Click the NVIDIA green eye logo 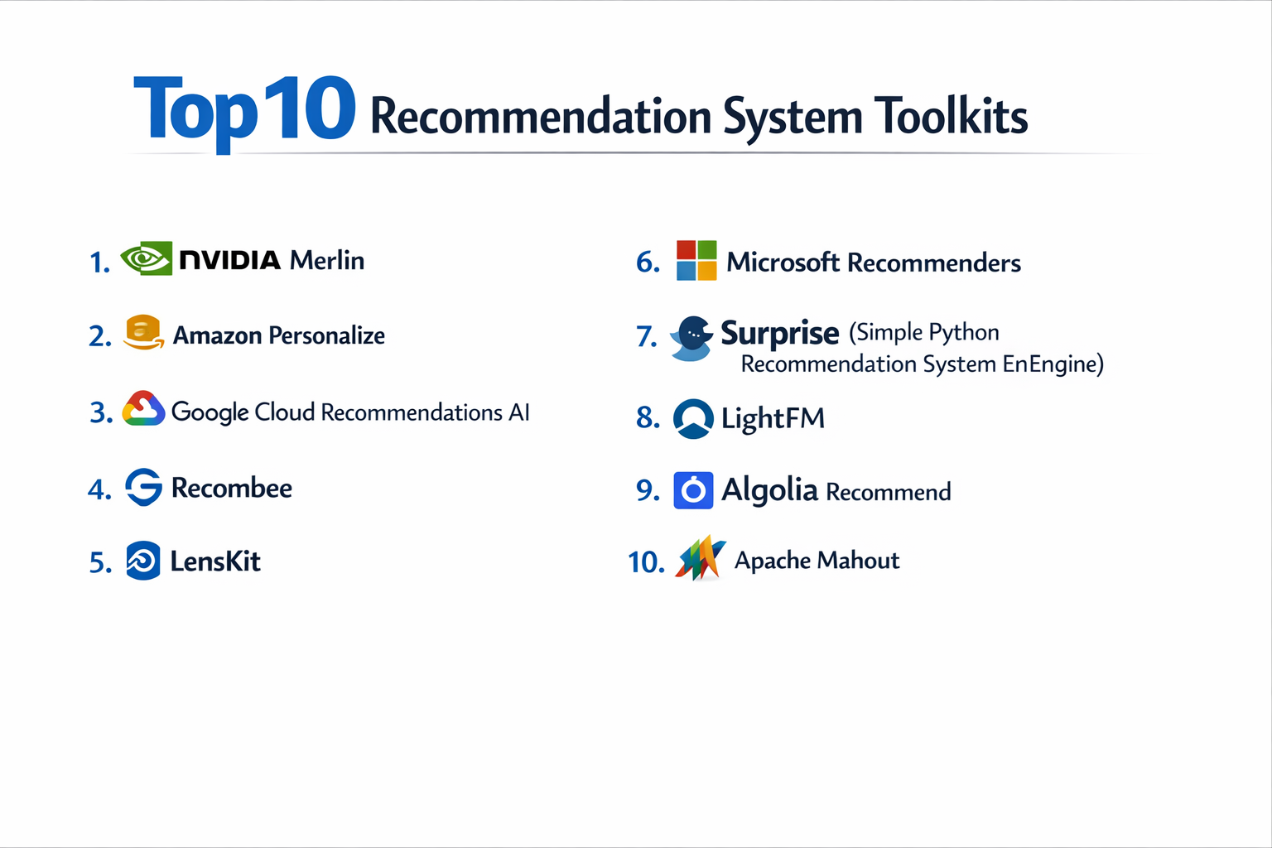[x=147, y=259]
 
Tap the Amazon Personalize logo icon [x=143, y=333]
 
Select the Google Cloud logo [x=144, y=409]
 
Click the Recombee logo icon [x=144, y=487]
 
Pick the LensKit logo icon [x=143, y=561]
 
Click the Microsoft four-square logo [x=696, y=261]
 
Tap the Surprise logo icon [x=692, y=338]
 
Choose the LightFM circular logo [x=693, y=418]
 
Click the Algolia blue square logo [x=693, y=490]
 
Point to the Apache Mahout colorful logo [x=701, y=559]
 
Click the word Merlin [x=327, y=260]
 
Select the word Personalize [x=326, y=335]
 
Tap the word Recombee [x=231, y=488]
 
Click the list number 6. [x=648, y=263]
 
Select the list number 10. [x=646, y=562]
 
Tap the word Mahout [x=860, y=561]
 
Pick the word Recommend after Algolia [x=889, y=492]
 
